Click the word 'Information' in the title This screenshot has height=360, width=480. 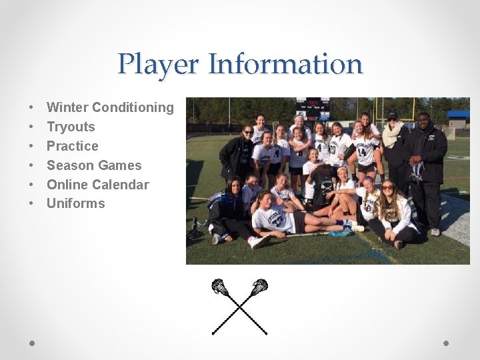pos(285,65)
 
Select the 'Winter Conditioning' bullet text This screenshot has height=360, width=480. pos(110,107)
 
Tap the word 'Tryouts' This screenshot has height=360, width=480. pos(71,127)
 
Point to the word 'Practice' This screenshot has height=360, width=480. pos(72,146)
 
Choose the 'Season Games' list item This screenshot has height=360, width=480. pos(94,165)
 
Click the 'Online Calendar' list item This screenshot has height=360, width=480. pos(97,185)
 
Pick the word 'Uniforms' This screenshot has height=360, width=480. pos(75,204)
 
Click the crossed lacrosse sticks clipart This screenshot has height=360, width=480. pos(240,305)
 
